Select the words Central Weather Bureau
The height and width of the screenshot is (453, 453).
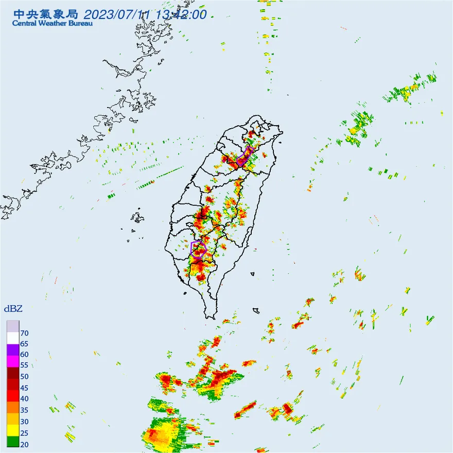53,24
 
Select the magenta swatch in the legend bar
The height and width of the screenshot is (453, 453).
13,360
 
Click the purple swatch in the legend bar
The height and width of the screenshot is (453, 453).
13,349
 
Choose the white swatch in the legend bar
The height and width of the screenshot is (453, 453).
13,338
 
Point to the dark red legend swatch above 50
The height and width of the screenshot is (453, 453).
13,372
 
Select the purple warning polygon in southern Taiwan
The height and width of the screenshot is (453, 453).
198,249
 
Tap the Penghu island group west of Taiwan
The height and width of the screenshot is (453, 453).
136,216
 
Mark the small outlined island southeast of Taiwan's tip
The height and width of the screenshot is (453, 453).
256,310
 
